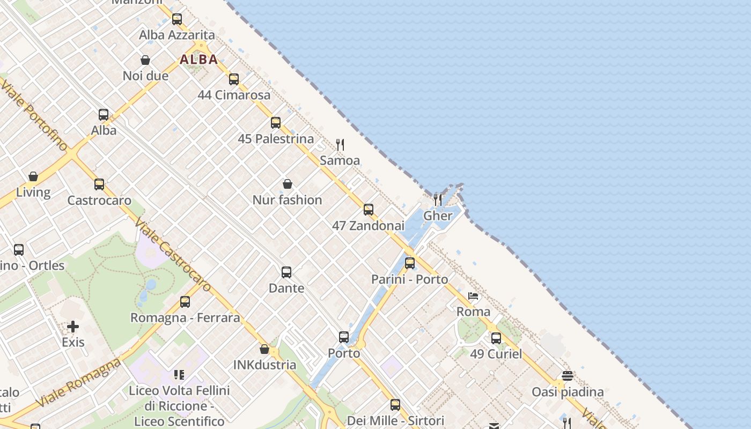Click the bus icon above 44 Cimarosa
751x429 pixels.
(234, 79)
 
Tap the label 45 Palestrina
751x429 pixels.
(276, 139)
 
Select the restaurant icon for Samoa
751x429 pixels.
(340, 144)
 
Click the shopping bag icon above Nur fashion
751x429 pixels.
(288, 184)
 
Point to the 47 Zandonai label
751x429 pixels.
(368, 226)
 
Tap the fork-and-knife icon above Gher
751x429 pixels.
(438, 200)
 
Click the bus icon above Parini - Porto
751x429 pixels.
(410, 263)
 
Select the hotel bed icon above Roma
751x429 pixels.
(473, 296)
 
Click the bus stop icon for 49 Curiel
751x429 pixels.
(496, 338)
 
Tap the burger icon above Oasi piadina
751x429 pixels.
(568, 376)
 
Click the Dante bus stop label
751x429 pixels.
(286, 288)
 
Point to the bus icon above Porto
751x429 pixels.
(344, 337)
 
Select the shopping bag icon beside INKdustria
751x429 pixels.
(264, 350)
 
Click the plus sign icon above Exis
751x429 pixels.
(73, 327)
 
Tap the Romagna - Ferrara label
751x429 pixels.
(185, 317)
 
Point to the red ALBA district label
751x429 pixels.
(198, 60)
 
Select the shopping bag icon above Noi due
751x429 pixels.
(145, 60)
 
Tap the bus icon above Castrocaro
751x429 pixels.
(99, 184)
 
